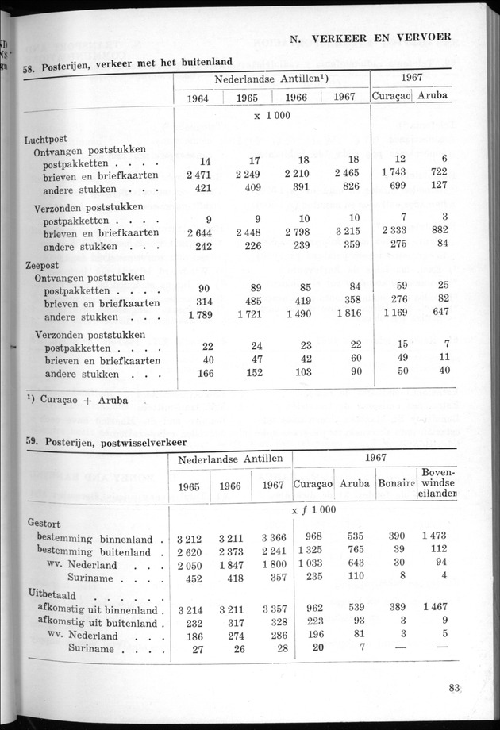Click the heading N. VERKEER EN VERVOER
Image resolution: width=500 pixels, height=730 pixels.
[371, 36]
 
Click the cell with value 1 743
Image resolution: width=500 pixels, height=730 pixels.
[393, 174]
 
